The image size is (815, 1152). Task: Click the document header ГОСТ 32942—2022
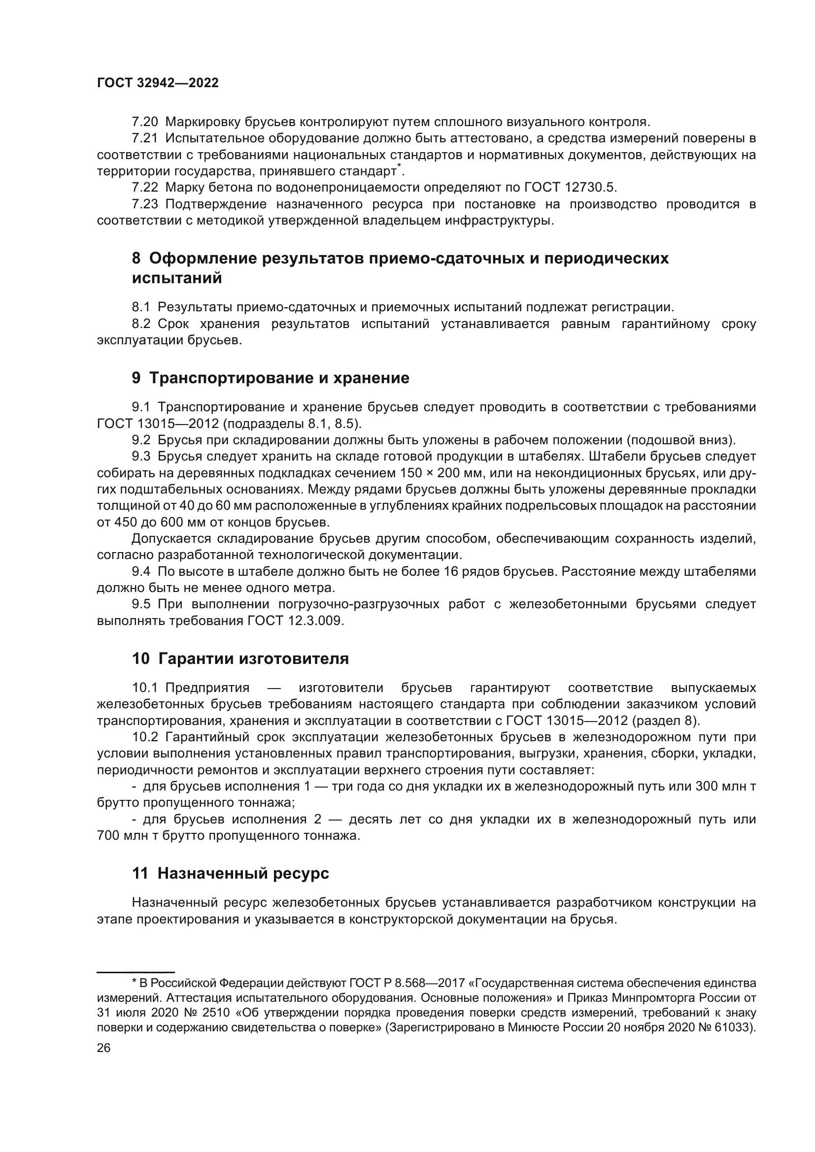point(158,83)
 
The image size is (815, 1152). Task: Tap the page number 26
point(103,1048)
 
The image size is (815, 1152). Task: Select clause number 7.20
point(144,122)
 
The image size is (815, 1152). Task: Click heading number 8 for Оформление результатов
point(136,259)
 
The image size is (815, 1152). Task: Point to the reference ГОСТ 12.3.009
point(296,621)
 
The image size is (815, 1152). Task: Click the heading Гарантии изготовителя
point(253,659)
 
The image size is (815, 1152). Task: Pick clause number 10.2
point(145,737)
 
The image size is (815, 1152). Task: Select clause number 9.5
point(141,604)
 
